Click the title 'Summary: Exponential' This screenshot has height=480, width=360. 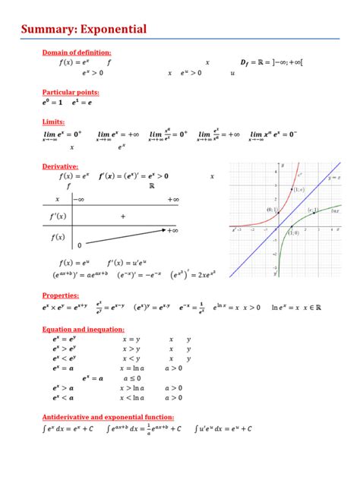pos(84,29)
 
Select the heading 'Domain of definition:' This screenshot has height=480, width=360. pos(81,52)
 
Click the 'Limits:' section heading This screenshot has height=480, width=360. pos(54,122)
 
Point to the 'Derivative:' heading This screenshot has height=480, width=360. pos(63,166)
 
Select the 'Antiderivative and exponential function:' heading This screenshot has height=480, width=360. pos(109,417)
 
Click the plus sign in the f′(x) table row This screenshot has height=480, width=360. pos(122,216)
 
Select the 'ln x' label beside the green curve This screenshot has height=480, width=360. pos(335,212)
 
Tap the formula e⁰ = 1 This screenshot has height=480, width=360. pos(53,102)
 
